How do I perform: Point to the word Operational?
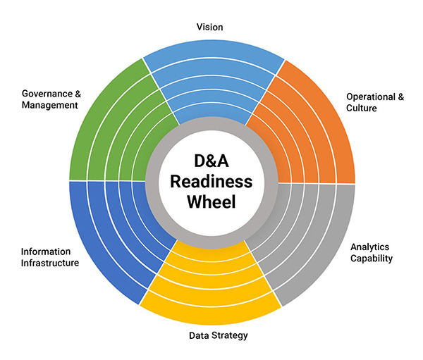coord(372,97)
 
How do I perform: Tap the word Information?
coord(46,251)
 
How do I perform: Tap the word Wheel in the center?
coord(212,202)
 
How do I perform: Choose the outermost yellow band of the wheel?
coord(212,311)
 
